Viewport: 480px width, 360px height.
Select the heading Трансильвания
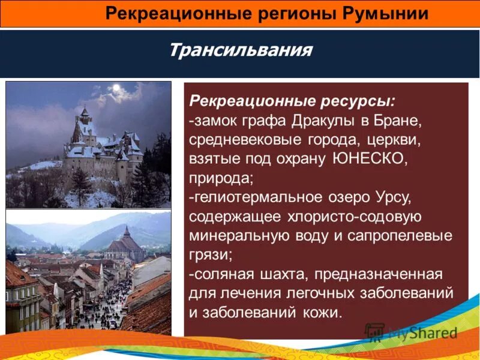point(240,49)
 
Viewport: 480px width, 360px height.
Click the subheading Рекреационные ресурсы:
point(292,100)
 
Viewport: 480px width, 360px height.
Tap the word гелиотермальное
point(262,197)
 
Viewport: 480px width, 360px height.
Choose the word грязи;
point(211,255)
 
